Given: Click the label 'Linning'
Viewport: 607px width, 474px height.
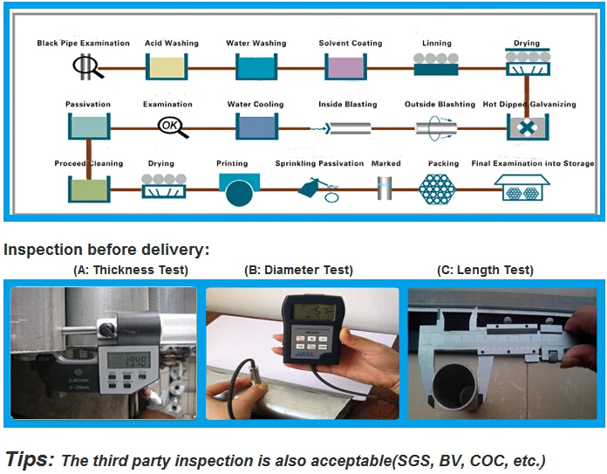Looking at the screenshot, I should click(437, 43).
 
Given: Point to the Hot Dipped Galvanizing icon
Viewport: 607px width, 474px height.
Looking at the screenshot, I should click(527, 127).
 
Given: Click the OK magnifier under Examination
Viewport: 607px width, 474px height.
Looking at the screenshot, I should click(170, 127).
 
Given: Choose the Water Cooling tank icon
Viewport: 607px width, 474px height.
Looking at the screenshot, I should click(256, 127).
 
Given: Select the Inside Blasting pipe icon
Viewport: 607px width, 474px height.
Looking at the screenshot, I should click(345, 127).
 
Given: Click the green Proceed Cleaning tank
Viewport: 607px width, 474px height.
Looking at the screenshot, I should click(88, 189).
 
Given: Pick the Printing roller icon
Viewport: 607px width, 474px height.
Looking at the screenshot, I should click(240, 189).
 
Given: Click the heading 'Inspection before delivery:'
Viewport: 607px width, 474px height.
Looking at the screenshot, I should click(106, 251).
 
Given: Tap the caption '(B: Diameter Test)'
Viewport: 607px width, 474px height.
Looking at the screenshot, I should click(300, 271).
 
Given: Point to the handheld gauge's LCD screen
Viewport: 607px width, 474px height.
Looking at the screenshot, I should click(313, 313).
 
